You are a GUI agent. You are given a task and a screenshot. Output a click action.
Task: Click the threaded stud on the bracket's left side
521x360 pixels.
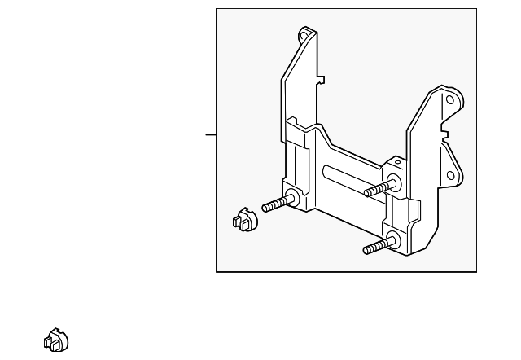coord(277,204)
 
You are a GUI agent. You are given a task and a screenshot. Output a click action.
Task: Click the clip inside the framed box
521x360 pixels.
coord(243,220)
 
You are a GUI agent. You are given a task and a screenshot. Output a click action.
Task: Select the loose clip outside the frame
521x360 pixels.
coord(56,340)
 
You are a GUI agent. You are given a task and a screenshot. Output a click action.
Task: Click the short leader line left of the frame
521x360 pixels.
coord(211,134)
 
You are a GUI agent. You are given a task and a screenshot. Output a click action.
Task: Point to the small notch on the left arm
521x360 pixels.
coord(322,80)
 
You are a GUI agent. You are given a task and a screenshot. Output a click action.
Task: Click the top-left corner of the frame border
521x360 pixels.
coord(217,9)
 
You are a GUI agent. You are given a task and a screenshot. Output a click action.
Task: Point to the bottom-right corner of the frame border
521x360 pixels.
coord(476,271)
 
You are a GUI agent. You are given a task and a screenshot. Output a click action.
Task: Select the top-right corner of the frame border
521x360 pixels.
coord(476,9)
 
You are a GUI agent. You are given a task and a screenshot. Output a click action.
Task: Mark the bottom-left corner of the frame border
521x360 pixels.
coord(217,271)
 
